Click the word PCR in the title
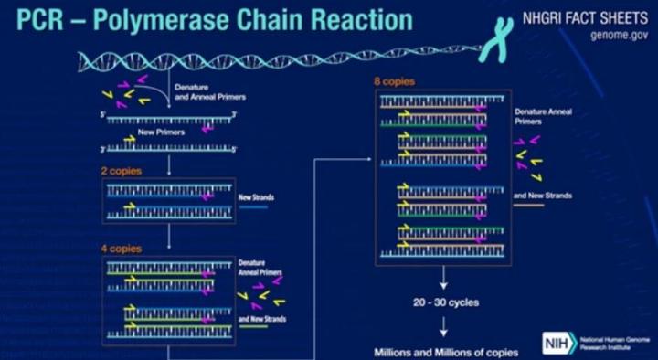pos(35,19)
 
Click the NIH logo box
pos(556,342)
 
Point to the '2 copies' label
pos(121,170)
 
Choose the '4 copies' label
pos(121,248)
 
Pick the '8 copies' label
pos(393,82)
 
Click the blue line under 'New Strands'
pos(253,207)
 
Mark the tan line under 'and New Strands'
pos(528,205)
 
